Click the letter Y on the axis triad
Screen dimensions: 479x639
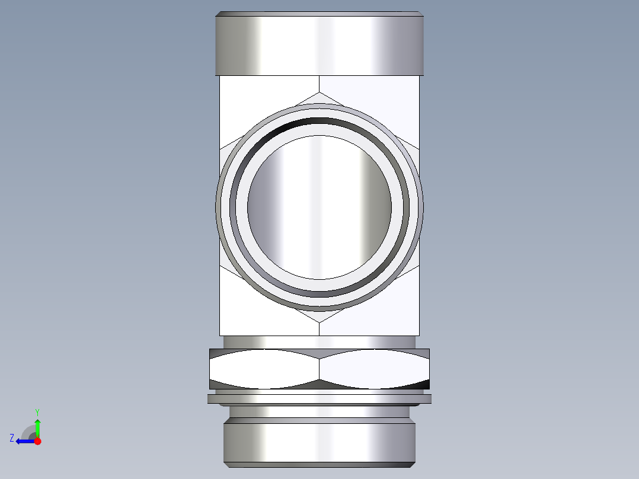(x=37, y=411)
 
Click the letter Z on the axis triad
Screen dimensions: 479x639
(x=12, y=438)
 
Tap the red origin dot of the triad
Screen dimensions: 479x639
(x=37, y=441)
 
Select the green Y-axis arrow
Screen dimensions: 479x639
(x=37, y=427)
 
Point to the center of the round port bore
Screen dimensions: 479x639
(x=319, y=207)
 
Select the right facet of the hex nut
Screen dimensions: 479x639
(x=374, y=369)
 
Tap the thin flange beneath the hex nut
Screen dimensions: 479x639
(x=319, y=399)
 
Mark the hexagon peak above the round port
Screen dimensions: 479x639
(x=319, y=92)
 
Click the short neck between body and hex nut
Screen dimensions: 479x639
(x=319, y=342)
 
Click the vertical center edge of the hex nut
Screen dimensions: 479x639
(x=319, y=369)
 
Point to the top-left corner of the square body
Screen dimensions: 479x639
(x=221, y=77)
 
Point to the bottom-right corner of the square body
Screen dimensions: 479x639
(x=418, y=335)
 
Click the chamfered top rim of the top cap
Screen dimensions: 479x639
(x=319, y=14)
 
